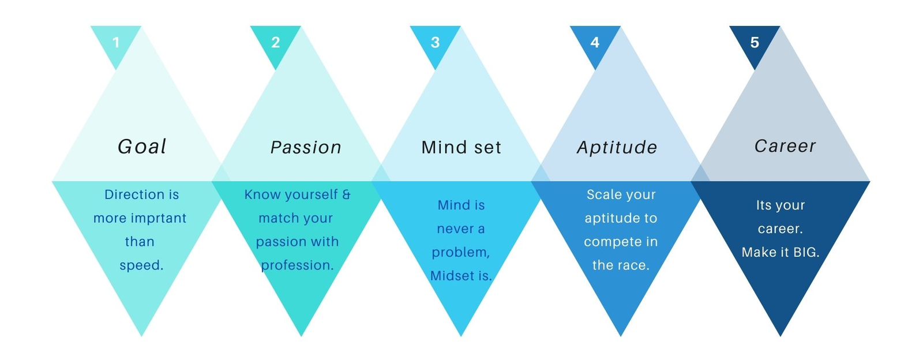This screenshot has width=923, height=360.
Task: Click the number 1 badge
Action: pos(116,43)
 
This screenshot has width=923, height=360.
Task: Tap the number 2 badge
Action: pos(276,43)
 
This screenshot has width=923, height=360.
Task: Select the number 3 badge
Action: pos(435,43)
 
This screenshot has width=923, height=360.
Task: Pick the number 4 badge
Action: pos(595,43)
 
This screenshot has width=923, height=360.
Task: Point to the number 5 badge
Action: pos(755,43)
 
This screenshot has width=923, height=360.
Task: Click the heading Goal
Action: pos(142,147)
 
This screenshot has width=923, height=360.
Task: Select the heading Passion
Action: pos(306,148)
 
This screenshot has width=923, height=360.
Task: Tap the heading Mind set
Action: pos(461,148)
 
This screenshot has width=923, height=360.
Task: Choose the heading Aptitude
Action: pos(617,148)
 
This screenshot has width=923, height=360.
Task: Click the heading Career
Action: pos(785,146)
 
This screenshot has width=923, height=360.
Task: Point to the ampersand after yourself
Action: pos(347,194)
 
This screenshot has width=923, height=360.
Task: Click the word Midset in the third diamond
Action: pos(452,276)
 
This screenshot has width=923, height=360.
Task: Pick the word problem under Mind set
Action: pos(459,253)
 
